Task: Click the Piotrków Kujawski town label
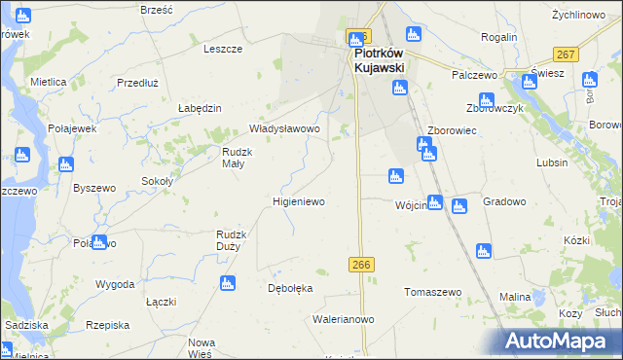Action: (x=378, y=60)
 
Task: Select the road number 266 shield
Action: (x=361, y=265)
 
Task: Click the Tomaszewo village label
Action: (x=432, y=292)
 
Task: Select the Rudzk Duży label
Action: (x=235, y=240)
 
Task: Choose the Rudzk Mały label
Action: (x=238, y=158)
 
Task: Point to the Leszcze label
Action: (x=222, y=49)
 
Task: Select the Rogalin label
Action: (x=498, y=37)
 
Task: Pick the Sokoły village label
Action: (x=158, y=181)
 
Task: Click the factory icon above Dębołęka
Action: (x=228, y=283)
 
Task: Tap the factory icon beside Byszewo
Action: (x=66, y=165)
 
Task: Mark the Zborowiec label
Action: (x=452, y=130)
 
